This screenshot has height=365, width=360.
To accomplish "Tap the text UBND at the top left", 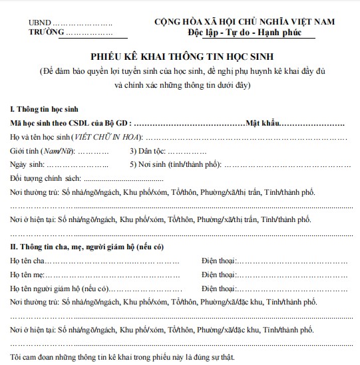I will tap(39, 22).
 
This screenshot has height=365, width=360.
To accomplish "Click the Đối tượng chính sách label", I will tap(45, 179).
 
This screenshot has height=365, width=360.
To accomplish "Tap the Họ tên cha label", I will tap(28, 261).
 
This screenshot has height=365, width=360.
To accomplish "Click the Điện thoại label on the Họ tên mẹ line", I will tap(219, 275).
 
